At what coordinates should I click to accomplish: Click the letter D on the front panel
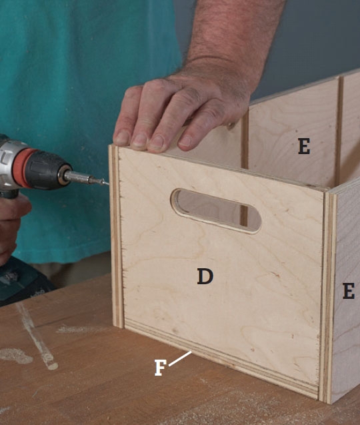(205, 276)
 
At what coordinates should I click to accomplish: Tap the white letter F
(160, 368)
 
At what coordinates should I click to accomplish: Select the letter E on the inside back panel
(304, 146)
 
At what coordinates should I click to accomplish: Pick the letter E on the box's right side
(349, 291)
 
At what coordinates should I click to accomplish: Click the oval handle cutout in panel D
(216, 211)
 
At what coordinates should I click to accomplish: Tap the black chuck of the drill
(48, 169)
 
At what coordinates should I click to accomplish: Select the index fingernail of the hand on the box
(185, 141)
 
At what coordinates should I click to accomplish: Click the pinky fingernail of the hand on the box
(121, 137)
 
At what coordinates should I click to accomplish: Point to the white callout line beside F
(180, 358)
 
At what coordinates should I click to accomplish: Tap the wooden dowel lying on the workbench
(37, 337)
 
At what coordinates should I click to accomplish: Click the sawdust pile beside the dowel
(16, 356)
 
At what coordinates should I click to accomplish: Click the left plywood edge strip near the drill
(116, 236)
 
